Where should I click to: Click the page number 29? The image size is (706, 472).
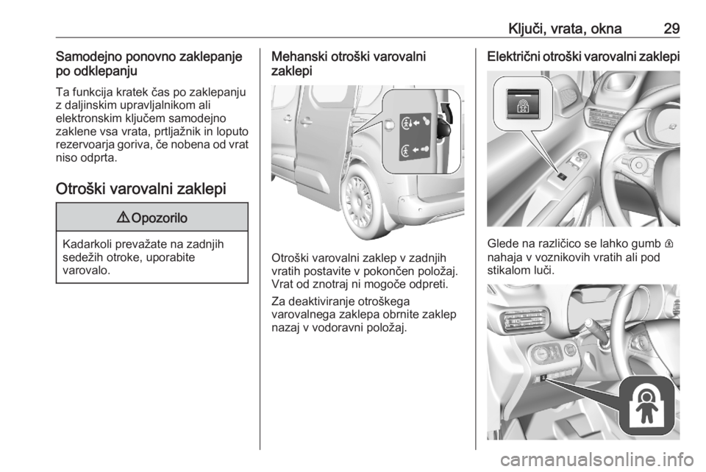(671, 29)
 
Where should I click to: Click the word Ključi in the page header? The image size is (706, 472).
(524, 29)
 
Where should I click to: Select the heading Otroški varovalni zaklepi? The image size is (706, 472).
(141, 189)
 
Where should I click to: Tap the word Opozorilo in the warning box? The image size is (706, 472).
(160, 218)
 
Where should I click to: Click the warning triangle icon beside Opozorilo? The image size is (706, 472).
(124, 218)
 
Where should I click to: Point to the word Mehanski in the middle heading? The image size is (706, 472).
(299, 57)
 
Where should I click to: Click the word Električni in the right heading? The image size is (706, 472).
(513, 57)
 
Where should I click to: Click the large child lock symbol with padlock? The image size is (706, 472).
(647, 405)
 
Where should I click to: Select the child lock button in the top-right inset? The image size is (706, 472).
(523, 104)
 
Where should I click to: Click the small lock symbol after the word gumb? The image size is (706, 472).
(671, 244)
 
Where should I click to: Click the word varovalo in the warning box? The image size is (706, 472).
(87, 271)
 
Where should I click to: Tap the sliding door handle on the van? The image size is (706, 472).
(306, 120)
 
